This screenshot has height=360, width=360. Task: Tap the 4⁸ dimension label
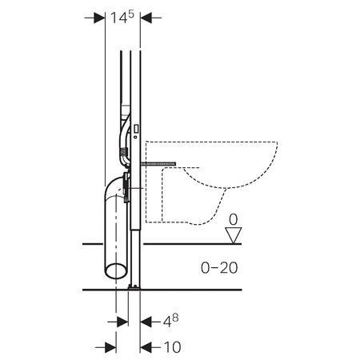point(171,321)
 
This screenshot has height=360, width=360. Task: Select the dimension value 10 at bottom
point(173,347)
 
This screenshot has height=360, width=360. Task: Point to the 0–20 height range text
point(219,267)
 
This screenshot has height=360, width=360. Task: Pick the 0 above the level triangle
point(234,219)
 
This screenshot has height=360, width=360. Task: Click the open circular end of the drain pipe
point(115,271)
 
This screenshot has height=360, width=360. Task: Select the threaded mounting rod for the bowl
point(158,164)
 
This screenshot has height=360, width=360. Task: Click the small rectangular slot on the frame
point(136,129)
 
